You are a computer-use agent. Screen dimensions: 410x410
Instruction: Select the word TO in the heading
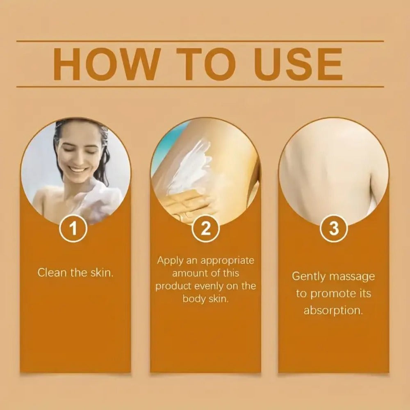click(207, 64)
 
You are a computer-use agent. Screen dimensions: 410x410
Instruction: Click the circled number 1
click(73, 228)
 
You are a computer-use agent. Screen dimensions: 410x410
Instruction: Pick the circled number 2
click(205, 228)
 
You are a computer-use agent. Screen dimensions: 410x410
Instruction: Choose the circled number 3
click(334, 228)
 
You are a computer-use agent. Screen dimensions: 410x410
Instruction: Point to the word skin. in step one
click(102, 273)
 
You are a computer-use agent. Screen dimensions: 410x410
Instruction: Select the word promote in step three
click(332, 294)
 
